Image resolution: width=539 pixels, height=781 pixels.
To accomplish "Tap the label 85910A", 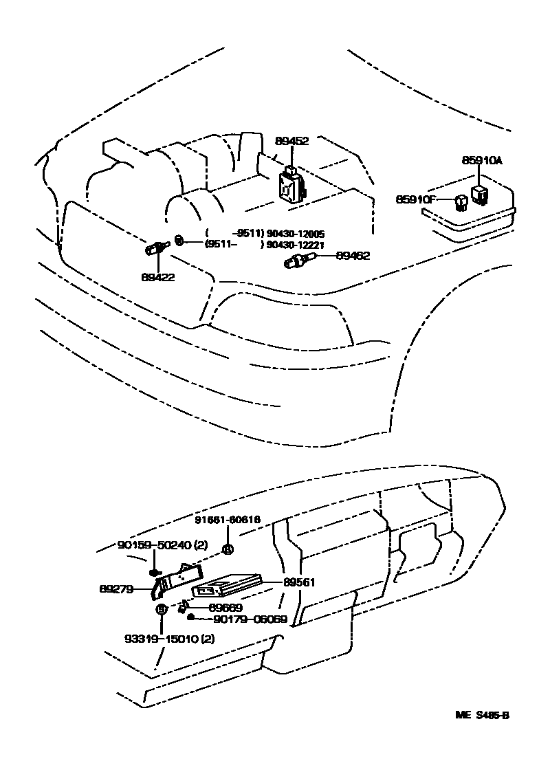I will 482,161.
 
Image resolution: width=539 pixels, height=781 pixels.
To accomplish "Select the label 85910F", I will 416,199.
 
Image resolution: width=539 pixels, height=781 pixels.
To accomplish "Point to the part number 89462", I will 353,256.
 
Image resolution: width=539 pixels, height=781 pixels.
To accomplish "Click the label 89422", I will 158,278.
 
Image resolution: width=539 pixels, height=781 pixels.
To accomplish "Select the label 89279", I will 116,588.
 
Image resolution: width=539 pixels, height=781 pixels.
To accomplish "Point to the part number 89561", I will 299,582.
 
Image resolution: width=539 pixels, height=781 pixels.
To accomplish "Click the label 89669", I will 225,608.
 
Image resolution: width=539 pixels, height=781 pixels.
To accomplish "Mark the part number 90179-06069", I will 250,619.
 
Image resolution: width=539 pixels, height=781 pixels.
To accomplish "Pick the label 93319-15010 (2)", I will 160,639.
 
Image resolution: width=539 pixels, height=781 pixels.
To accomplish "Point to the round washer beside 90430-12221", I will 179,240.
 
